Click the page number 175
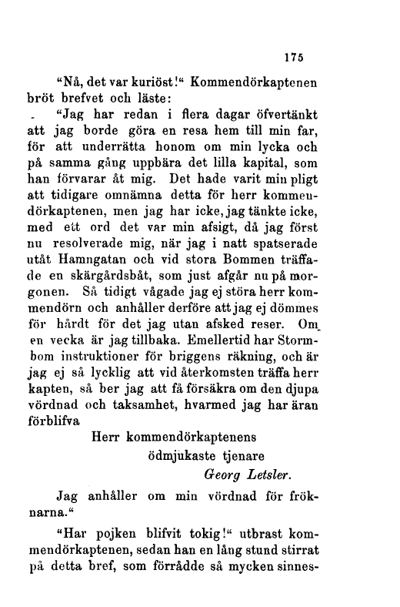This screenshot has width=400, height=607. point(295,56)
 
